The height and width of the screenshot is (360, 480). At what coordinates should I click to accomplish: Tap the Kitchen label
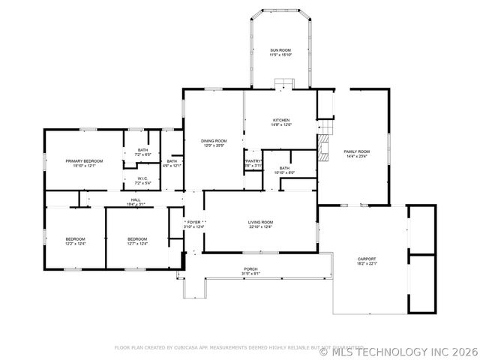pos(281,120)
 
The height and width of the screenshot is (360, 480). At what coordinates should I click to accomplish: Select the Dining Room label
pos(214,141)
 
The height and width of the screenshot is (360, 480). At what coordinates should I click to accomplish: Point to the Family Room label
pos(357,151)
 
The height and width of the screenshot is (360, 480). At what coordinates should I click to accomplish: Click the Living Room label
pos(261,222)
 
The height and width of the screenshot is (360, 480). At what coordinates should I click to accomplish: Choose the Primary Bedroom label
pos(84,161)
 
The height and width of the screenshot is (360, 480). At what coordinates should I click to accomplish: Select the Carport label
pos(367,258)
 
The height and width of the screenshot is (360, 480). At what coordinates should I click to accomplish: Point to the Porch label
pos(250,268)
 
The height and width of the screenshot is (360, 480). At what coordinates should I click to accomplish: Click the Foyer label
pos(195,222)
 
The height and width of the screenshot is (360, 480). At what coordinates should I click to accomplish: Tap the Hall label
pos(136,199)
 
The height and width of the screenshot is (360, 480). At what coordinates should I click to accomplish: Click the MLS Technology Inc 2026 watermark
pos(397,351)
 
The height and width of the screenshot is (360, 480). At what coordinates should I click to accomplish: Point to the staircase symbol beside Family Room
pos(323,148)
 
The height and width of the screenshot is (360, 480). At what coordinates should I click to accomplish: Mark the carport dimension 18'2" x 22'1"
pos(367,263)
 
